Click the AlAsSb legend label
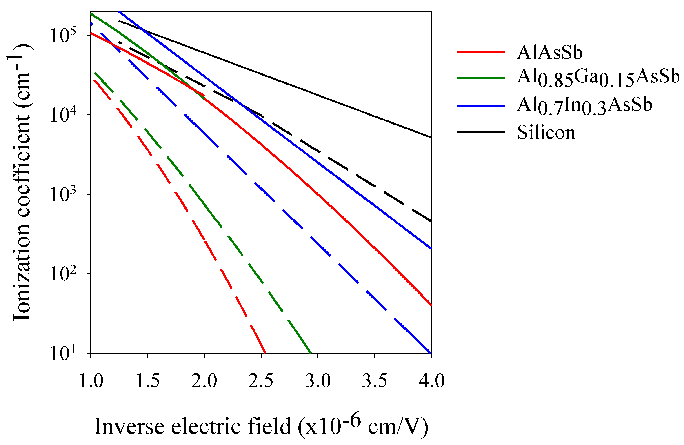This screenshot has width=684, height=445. click(x=549, y=53)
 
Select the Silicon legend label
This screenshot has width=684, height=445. click(x=546, y=133)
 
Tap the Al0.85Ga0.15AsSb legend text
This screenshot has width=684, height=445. click(x=598, y=78)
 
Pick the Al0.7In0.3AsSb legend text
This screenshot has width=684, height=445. click(x=584, y=106)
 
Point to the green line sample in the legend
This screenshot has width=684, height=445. click(x=481, y=78)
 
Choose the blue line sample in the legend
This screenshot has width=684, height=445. click(x=481, y=106)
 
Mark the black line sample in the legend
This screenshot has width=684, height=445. click(x=481, y=132)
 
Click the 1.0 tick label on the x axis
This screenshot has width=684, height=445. click(x=91, y=381)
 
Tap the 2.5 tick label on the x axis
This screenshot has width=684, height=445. click(x=261, y=381)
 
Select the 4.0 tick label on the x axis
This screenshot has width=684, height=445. click(x=432, y=381)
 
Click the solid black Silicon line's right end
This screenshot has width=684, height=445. click(x=431, y=137)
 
